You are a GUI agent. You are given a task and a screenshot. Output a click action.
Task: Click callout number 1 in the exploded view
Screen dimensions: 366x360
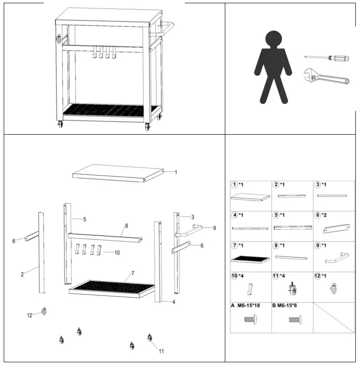pos(176,172)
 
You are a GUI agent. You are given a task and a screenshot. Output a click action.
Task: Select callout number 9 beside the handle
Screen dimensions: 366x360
pos(214,228)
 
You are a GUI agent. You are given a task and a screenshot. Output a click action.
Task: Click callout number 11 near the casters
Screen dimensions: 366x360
pos(161,351)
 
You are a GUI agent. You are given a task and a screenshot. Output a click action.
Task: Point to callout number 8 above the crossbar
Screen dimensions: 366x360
pos(126,226)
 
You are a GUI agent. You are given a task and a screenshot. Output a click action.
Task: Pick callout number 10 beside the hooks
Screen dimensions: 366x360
pos(117,253)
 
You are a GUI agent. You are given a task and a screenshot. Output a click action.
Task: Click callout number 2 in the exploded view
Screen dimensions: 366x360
pos(22,274)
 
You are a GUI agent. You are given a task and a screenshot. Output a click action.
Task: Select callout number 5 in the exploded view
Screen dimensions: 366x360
pos(85,219)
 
